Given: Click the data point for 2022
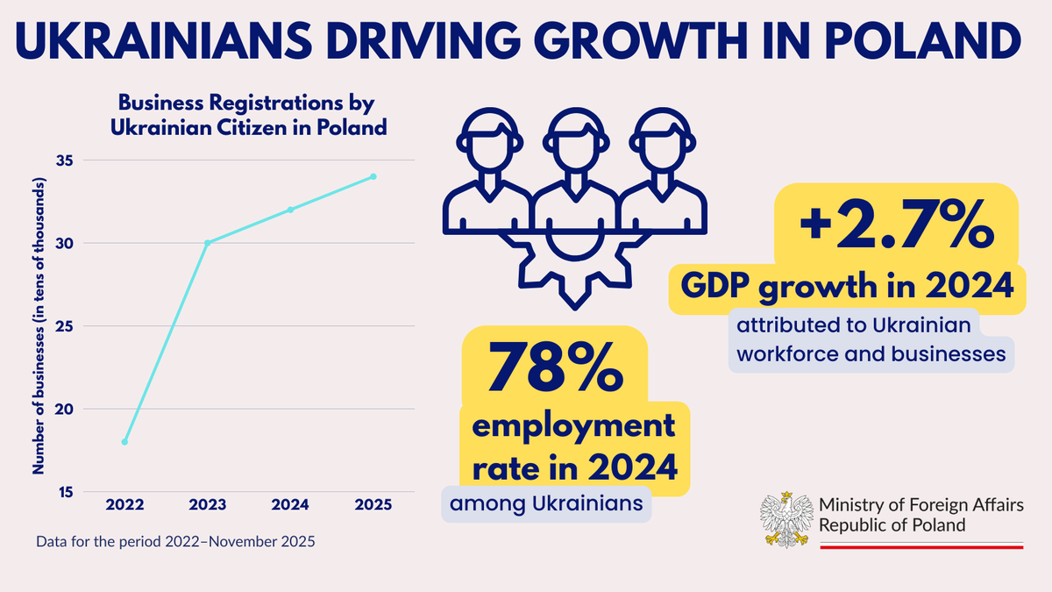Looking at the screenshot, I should pos(124,442).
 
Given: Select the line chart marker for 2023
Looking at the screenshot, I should pos(208,243).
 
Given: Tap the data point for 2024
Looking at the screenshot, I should pos(290,210).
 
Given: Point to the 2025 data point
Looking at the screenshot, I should pos(373,176).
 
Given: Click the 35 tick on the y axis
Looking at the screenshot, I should pos(66,160).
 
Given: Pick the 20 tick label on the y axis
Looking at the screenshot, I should pos(66,409).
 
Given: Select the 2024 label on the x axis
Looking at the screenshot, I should pos(290,505).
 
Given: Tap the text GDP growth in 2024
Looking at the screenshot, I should pos(848,287).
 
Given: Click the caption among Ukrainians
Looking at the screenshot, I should pos(546,504).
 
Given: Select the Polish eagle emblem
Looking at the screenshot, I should pos(785,517).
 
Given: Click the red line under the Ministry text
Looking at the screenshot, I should pos(921,546).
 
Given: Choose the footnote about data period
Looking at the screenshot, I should pos(174,542).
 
